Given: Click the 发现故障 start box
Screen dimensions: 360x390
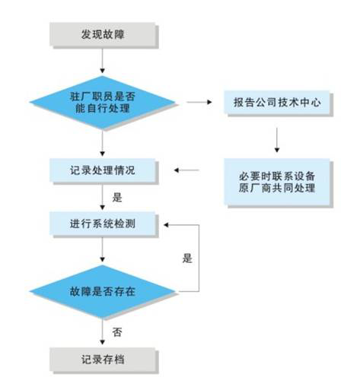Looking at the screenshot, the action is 102,34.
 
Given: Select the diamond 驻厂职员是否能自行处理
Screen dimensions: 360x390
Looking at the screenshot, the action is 102,102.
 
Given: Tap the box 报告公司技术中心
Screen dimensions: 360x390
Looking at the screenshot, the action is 276,102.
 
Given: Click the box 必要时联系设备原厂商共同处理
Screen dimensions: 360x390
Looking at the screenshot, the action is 276,182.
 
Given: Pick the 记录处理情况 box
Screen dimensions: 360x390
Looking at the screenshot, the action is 102,170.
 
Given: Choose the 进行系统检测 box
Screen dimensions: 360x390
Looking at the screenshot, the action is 102,224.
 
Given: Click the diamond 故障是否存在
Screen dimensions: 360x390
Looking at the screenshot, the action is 102,291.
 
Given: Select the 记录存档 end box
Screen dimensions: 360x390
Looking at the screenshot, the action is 102,360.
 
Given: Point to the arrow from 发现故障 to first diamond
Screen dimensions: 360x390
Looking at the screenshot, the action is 102,61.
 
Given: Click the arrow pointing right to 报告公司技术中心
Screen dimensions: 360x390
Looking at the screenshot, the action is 199,102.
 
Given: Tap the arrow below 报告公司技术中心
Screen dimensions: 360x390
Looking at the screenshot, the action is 277,140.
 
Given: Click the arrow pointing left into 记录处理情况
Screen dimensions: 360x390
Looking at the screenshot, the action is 186,170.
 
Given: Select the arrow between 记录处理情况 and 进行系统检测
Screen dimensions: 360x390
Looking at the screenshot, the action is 102,197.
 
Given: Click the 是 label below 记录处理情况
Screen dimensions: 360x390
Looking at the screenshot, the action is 117,198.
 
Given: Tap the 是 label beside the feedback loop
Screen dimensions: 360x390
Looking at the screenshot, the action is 187,258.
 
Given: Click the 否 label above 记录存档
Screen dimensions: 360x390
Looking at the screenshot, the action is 117,332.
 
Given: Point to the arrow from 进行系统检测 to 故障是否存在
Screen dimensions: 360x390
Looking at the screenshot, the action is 102,249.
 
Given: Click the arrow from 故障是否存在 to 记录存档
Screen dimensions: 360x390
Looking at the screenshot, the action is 102,331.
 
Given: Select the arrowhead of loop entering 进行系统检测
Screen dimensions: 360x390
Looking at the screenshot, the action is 166,225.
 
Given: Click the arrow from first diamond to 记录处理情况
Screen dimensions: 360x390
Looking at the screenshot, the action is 102,143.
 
